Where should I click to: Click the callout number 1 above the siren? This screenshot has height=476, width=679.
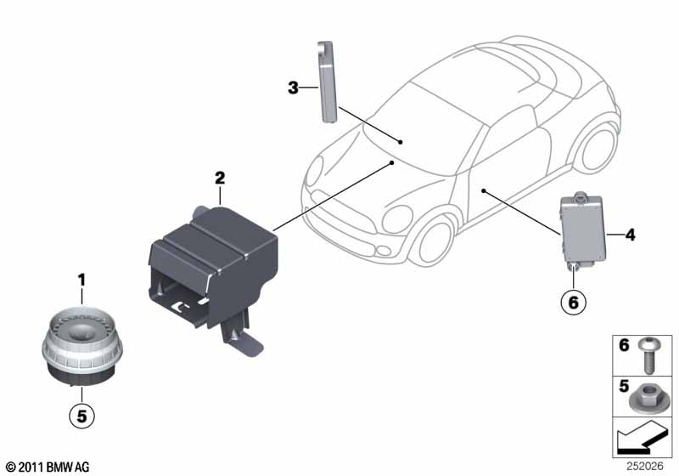(81, 280)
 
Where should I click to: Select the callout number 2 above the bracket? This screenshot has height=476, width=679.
(220, 178)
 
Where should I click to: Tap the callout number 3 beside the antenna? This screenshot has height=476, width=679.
(293, 88)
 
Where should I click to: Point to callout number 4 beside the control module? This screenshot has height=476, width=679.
(630, 235)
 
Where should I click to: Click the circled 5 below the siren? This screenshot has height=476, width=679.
(81, 416)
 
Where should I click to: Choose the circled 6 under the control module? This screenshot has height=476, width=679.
(573, 302)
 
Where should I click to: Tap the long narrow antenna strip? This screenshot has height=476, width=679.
(327, 82)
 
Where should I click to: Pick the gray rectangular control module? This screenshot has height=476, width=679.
(583, 231)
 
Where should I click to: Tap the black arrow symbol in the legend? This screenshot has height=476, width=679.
(642, 439)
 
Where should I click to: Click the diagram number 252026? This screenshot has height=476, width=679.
(645, 466)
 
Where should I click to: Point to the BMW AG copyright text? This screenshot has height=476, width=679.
(48, 467)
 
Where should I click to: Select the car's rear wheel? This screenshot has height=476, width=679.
(600, 147)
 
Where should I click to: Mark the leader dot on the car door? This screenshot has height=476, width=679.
(484, 190)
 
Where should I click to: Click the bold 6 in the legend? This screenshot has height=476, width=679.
(624, 345)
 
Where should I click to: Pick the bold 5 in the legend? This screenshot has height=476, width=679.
(624, 386)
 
